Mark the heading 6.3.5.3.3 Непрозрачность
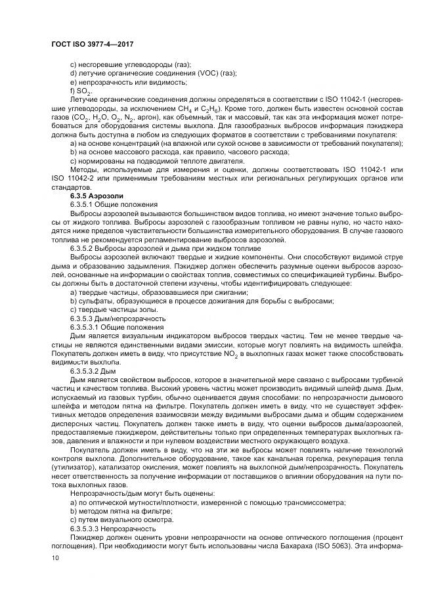coord(112,528)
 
